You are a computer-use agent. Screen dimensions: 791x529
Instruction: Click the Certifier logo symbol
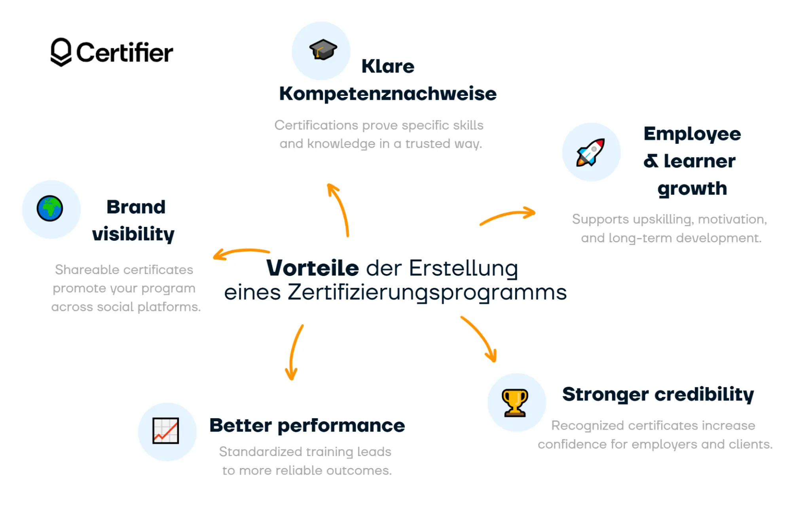tap(61, 52)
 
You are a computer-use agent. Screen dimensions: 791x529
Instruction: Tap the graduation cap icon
tap(323, 50)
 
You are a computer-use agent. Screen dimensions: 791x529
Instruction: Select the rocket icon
tap(590, 152)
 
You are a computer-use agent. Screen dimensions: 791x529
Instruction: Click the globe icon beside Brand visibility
tap(50, 208)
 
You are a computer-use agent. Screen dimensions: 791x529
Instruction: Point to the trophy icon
tap(515, 403)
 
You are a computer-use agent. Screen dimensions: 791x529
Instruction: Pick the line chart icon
tap(166, 430)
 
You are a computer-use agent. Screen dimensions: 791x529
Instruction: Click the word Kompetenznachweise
tap(387, 94)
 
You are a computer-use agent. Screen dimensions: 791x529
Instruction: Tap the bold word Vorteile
tap(312, 268)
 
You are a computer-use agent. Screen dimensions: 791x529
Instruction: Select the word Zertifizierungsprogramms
tap(427, 293)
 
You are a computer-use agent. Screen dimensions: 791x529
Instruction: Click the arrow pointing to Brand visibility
tap(240, 253)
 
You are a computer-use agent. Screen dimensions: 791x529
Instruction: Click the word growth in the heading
tap(692, 188)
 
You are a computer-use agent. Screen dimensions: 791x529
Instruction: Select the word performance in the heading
tap(341, 426)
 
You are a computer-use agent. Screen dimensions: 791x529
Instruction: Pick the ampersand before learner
tap(651, 161)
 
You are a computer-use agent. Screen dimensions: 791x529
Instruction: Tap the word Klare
tap(387, 66)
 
